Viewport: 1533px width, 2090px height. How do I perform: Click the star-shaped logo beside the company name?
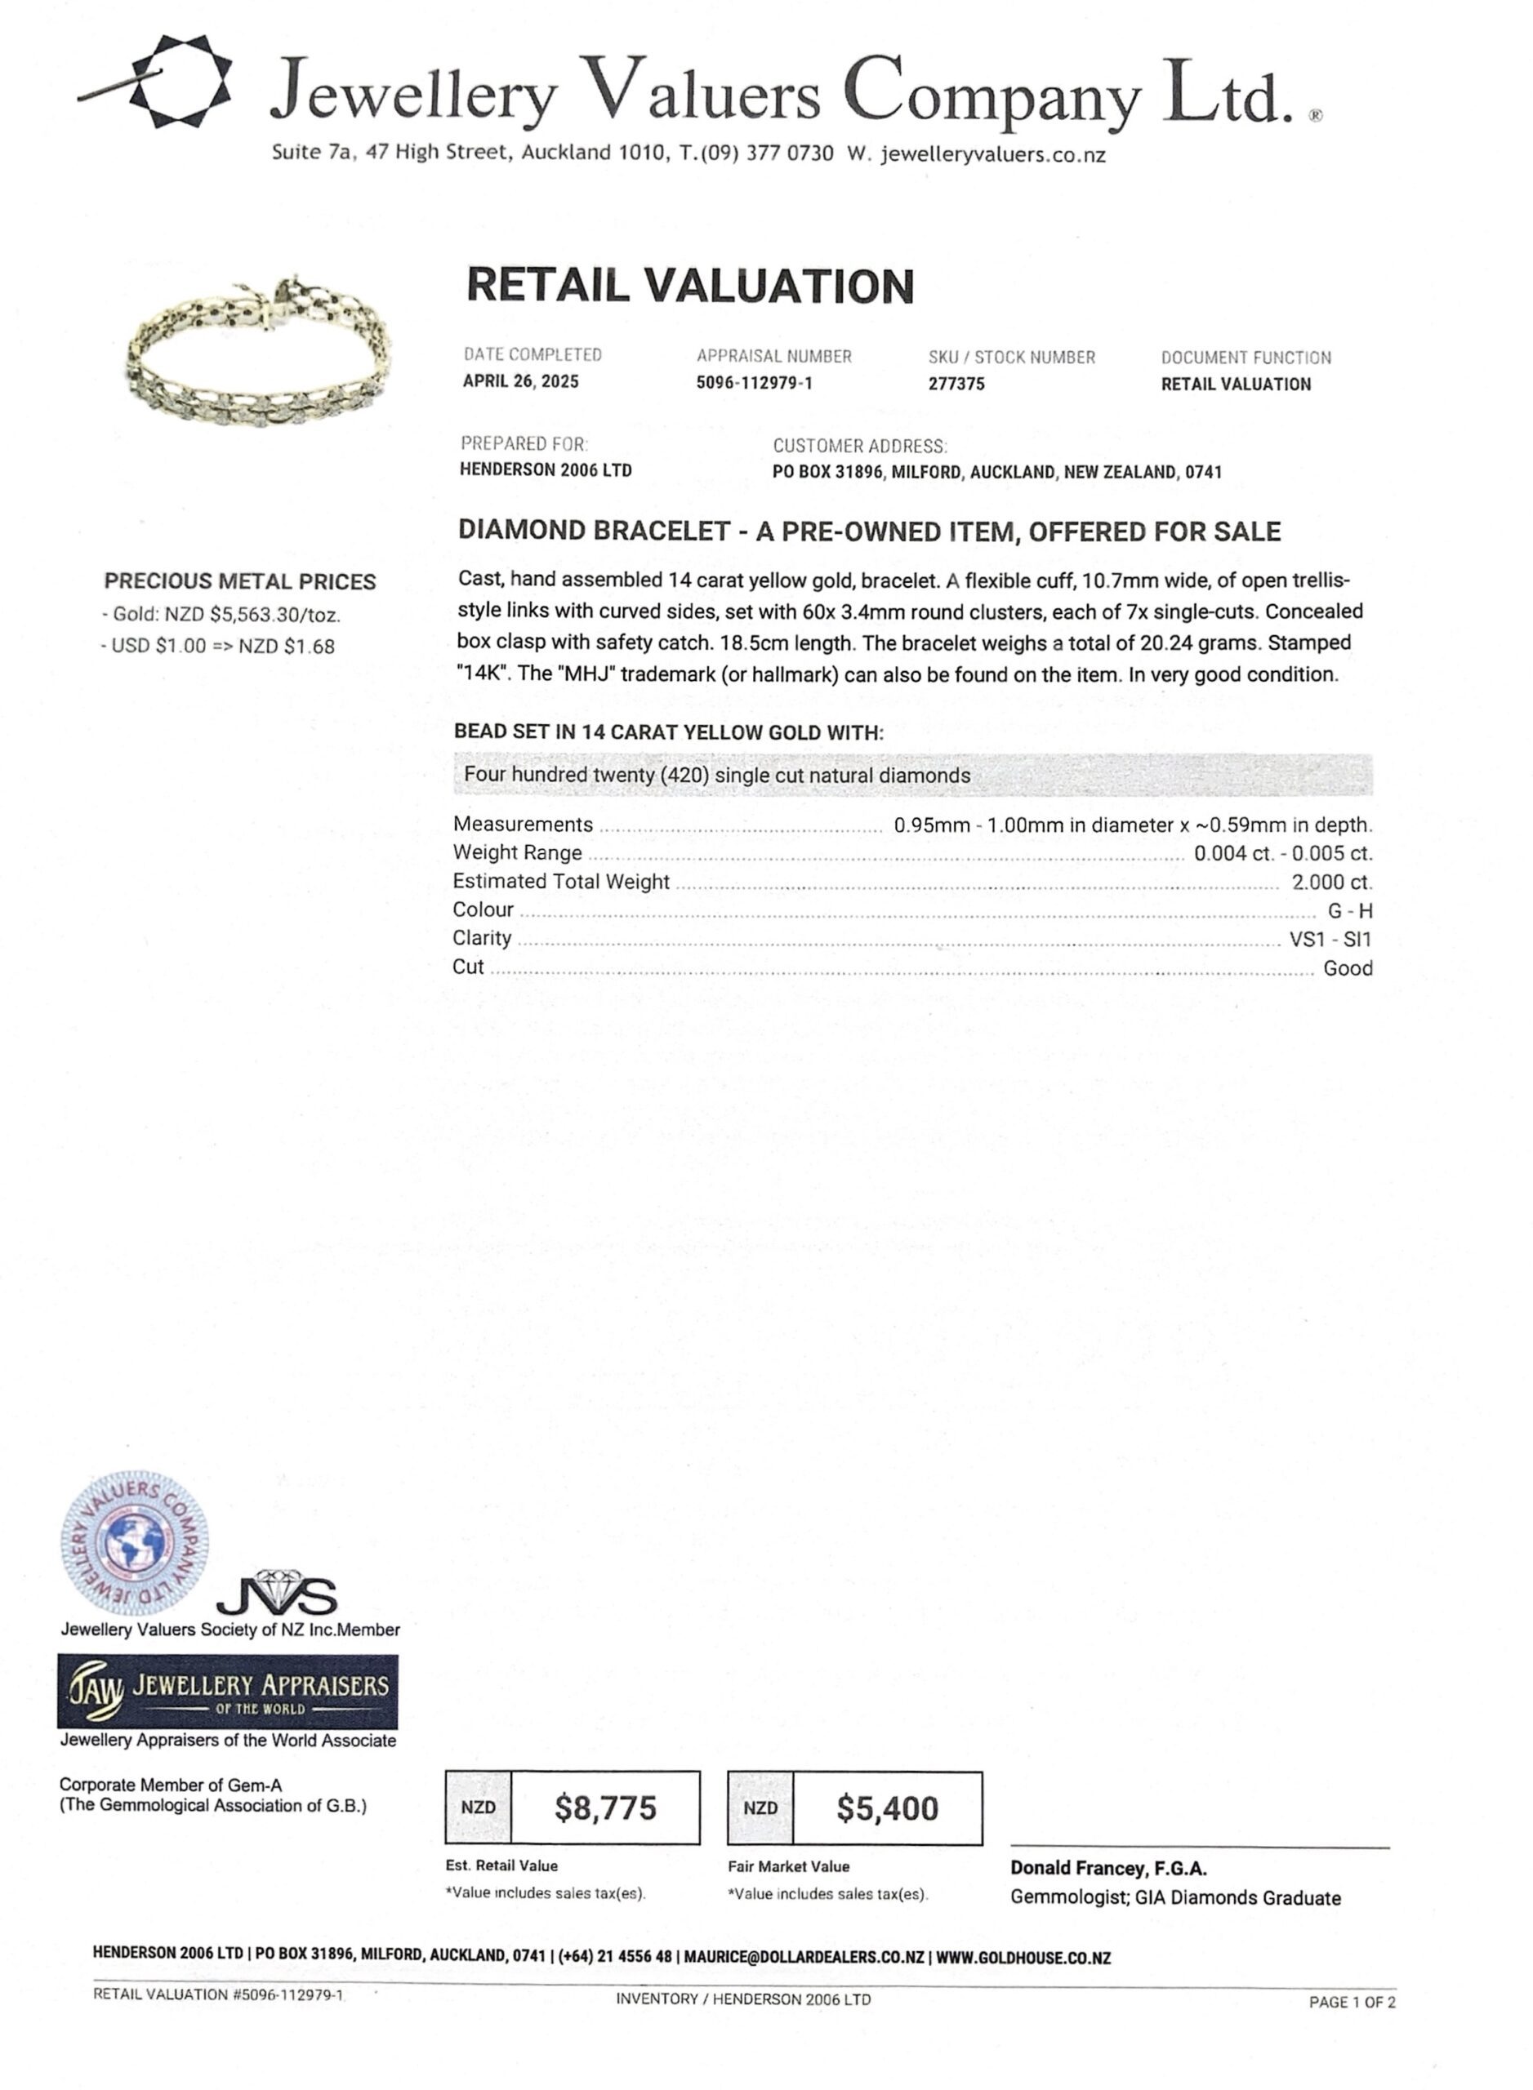pyautogui.click(x=176, y=81)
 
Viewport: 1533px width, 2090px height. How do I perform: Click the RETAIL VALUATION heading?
pyautogui.click(x=689, y=286)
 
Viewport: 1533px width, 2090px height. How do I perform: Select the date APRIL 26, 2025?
pyautogui.click(x=520, y=381)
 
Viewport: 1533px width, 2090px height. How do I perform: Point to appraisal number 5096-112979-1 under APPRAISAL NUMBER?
pyautogui.click(x=754, y=383)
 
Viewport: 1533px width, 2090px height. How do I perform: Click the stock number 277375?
pyautogui.click(x=956, y=384)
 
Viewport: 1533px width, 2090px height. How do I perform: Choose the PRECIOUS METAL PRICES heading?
pyautogui.click(x=239, y=581)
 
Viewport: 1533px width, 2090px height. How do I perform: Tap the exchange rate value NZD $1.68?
pyautogui.click(x=286, y=647)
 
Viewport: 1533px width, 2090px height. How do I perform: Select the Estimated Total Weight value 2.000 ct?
pyautogui.click(x=1330, y=883)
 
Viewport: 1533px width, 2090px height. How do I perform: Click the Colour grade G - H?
pyautogui.click(x=1349, y=911)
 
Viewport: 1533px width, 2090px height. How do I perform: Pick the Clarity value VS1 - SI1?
pyautogui.click(x=1329, y=940)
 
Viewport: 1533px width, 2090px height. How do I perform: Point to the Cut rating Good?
pyautogui.click(x=1347, y=968)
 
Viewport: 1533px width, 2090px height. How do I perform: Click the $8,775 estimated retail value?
pyautogui.click(x=605, y=1808)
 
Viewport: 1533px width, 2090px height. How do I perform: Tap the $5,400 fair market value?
pyautogui.click(x=887, y=1809)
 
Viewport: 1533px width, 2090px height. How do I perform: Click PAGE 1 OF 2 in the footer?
pyautogui.click(x=1351, y=2003)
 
